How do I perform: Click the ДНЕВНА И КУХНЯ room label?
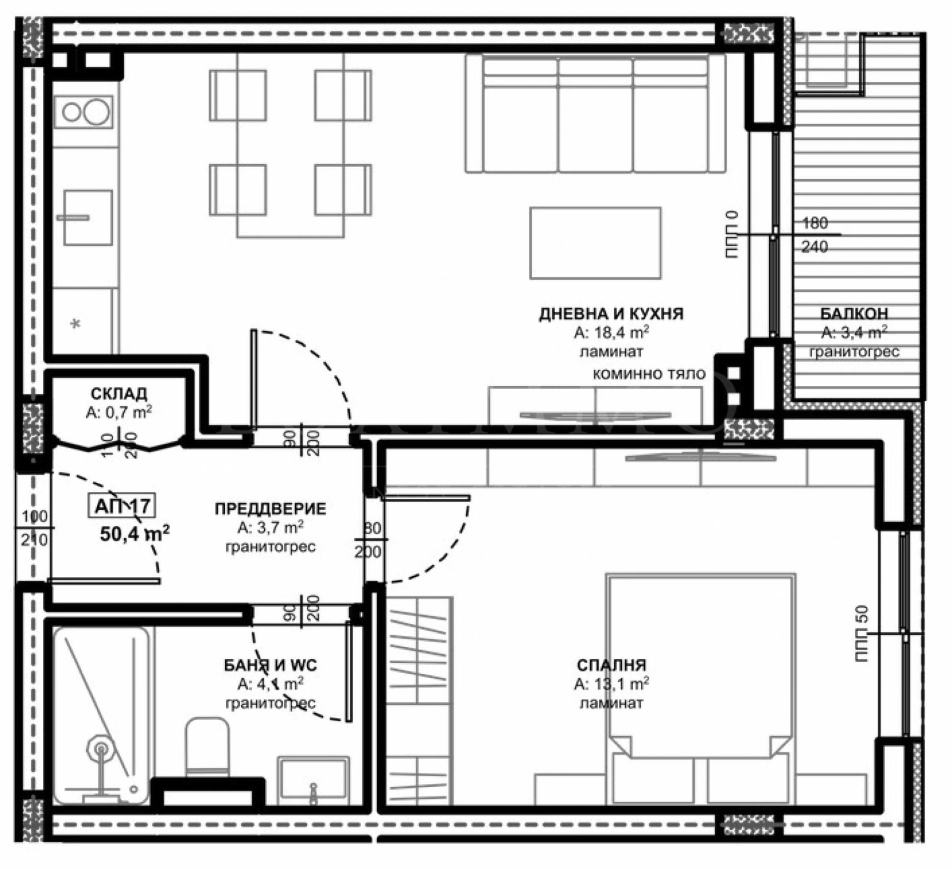pos(611,313)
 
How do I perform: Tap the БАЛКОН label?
pos(854,313)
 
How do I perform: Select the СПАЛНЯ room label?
pos(611,665)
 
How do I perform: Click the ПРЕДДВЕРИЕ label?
pos(270,509)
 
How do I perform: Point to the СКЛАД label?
pos(119,394)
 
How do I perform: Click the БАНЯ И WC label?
pos(270,665)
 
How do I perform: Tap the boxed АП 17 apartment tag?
pos(123,506)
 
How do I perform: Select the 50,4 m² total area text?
pos(134,534)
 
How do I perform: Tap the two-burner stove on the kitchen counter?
pos(84,112)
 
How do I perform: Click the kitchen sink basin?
pos(88,218)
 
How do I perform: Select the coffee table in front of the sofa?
pos(595,243)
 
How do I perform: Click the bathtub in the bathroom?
pos(101,714)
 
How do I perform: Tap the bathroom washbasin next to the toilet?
pos(313,779)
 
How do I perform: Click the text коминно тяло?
pos(649,374)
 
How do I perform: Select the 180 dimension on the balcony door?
pos(815,223)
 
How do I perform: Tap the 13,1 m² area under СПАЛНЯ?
pos(611,684)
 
